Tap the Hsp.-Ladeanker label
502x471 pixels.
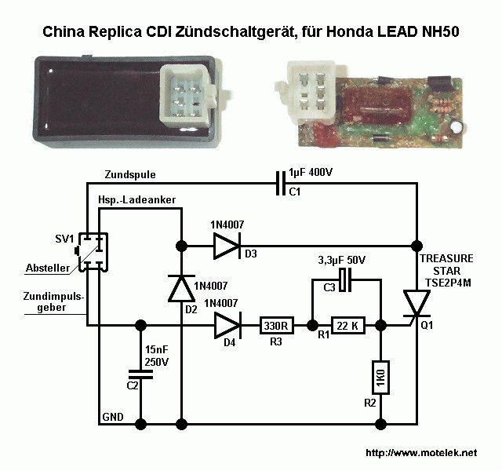(x=136, y=201)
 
